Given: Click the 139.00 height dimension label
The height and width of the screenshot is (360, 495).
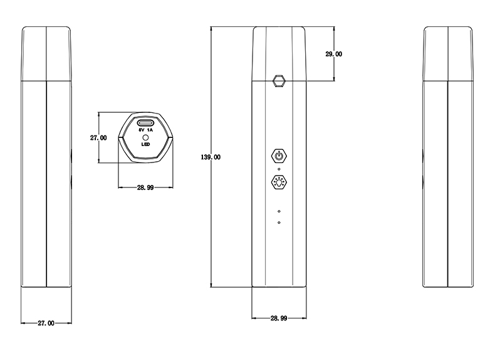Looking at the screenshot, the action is click(x=211, y=157).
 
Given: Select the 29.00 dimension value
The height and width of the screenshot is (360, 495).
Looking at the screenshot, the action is click(x=334, y=54).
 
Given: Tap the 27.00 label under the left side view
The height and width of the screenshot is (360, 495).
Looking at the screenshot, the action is click(x=46, y=323).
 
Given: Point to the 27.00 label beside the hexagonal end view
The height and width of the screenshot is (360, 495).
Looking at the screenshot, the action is click(x=98, y=138).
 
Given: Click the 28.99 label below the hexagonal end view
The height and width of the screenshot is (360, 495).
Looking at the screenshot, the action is click(x=145, y=188).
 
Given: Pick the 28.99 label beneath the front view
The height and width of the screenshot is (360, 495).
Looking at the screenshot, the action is click(x=279, y=318).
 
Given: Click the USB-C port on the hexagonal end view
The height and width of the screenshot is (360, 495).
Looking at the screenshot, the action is click(x=145, y=123).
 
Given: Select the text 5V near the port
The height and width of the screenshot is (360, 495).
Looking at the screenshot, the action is click(x=141, y=130).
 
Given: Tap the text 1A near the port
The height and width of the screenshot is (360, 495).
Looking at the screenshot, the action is click(x=150, y=130).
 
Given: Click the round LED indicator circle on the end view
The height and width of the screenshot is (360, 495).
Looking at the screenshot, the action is click(x=145, y=138).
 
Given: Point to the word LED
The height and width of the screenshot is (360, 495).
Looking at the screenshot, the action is click(x=145, y=144).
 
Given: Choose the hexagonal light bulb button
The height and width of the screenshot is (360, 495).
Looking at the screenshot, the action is click(x=279, y=182).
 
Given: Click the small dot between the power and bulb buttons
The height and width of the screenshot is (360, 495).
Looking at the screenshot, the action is click(x=279, y=169).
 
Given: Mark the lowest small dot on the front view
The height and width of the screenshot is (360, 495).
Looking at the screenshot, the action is click(x=279, y=223).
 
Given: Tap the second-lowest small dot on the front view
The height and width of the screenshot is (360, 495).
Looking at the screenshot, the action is click(x=279, y=211).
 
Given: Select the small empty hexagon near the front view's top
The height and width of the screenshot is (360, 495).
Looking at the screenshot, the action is click(x=279, y=81).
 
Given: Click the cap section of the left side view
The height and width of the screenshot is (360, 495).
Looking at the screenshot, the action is click(x=46, y=54).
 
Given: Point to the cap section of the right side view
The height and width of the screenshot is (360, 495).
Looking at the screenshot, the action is click(x=448, y=54).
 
